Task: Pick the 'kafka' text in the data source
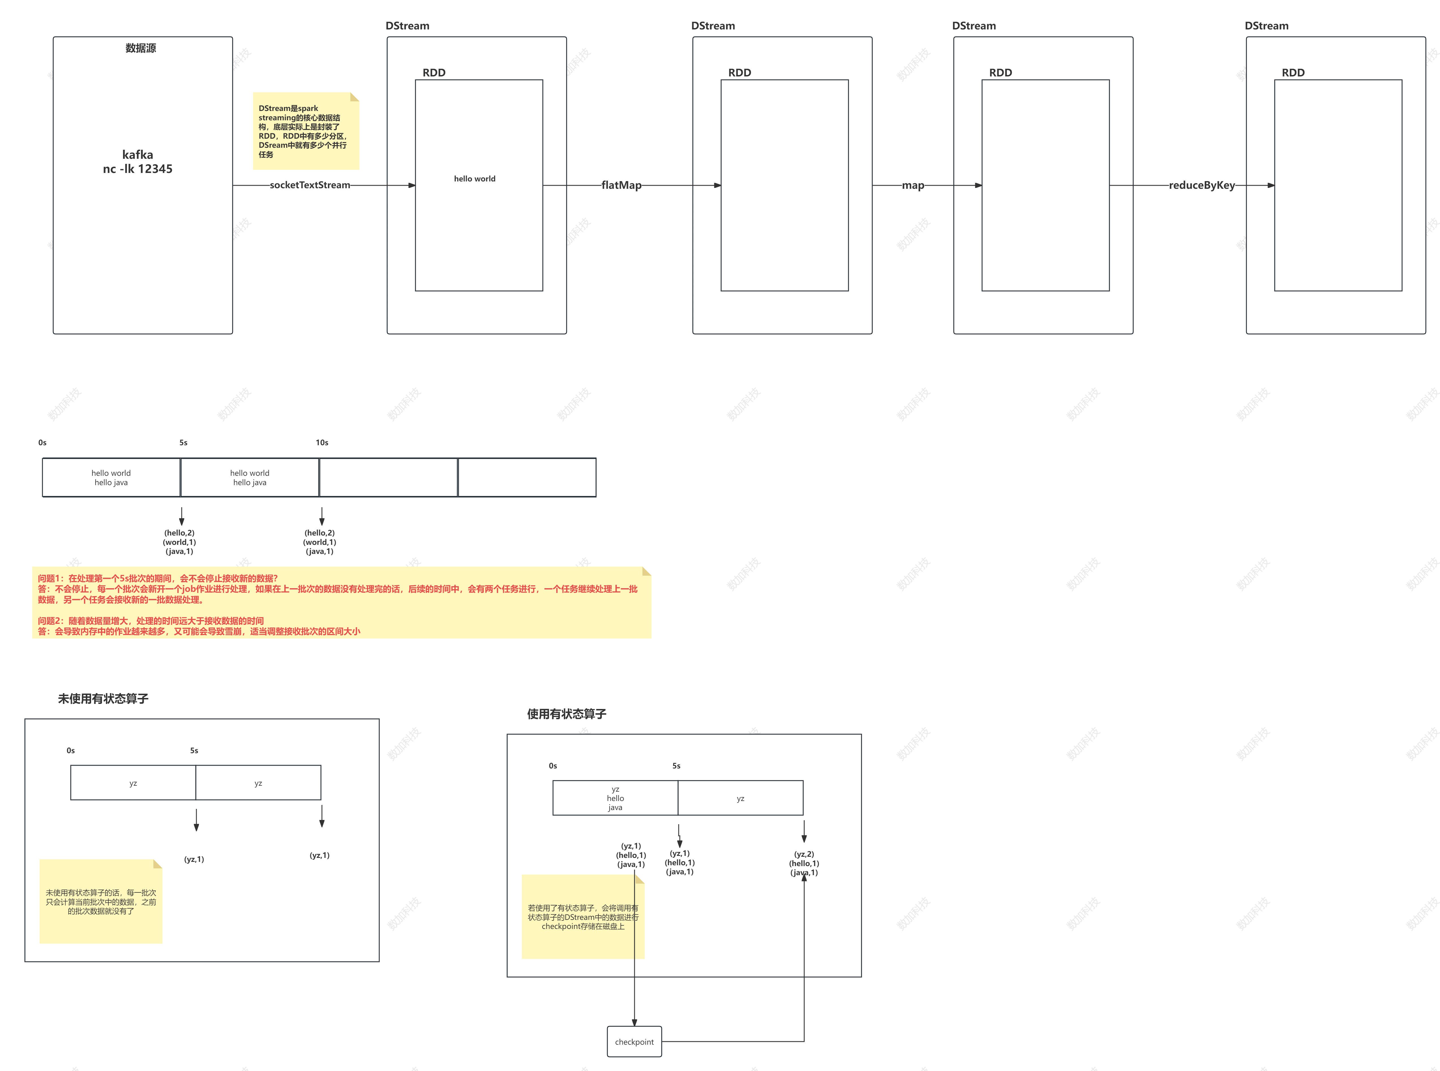138,154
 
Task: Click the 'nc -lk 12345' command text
138,169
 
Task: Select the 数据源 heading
141,48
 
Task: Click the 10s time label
322,442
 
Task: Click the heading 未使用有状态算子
103,698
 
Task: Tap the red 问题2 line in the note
150,620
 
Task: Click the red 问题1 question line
157,578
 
